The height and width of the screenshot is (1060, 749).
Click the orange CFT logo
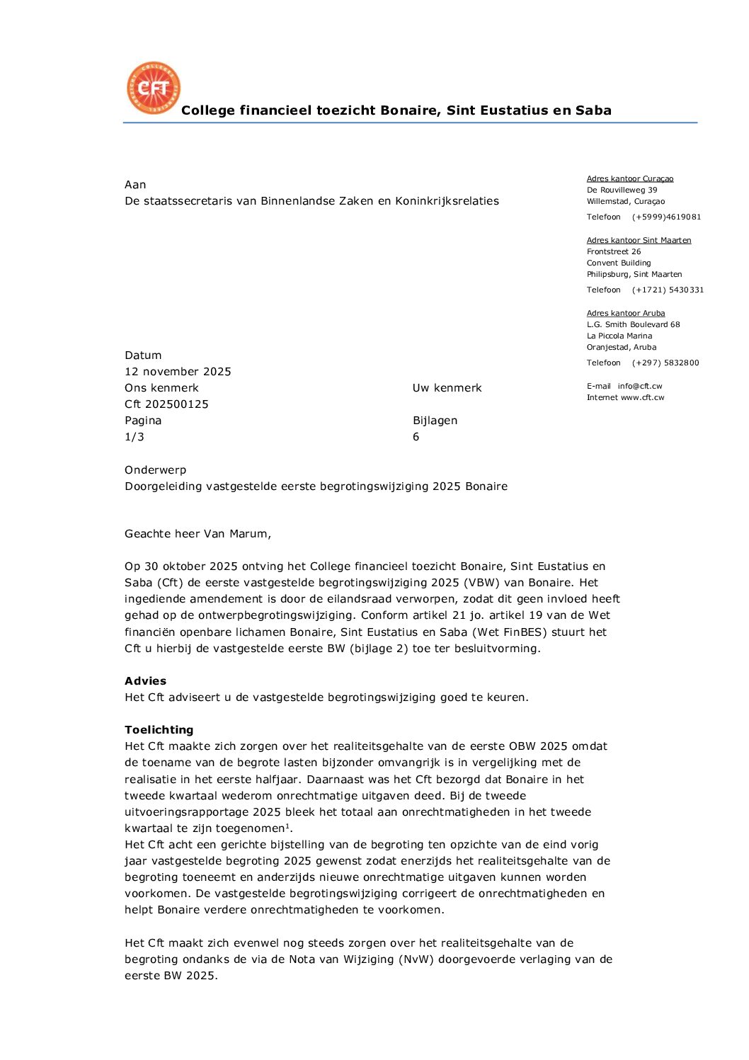pos(154,88)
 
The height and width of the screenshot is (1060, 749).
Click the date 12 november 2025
pos(178,372)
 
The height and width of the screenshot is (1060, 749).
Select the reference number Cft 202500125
pos(166,404)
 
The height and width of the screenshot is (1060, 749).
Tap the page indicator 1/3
pos(135,437)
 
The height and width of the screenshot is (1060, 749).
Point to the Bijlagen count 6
pos(416,437)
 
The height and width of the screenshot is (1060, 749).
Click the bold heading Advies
pos(146,681)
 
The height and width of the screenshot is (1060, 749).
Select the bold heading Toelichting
pos(159,730)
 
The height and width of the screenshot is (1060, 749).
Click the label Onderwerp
pos(156,470)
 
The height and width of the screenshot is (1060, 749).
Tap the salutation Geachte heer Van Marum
pos(198,534)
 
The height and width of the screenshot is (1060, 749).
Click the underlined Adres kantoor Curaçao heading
pos(630,179)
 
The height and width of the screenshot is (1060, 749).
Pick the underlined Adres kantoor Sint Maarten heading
pos(639,241)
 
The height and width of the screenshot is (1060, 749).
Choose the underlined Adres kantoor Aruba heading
pos(626,314)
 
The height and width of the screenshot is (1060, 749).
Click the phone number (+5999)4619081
pos(666,217)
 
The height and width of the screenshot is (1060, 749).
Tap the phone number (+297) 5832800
pos(665,363)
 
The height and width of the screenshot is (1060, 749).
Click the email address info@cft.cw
pos(640,387)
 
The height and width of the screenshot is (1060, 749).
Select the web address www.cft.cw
pos(643,398)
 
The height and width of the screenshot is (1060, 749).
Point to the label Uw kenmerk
pos(447,388)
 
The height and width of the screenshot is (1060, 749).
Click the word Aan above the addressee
pos(135,185)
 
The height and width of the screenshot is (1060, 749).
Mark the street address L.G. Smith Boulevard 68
pos(633,325)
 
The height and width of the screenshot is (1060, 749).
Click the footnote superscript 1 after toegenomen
pos(287,826)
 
